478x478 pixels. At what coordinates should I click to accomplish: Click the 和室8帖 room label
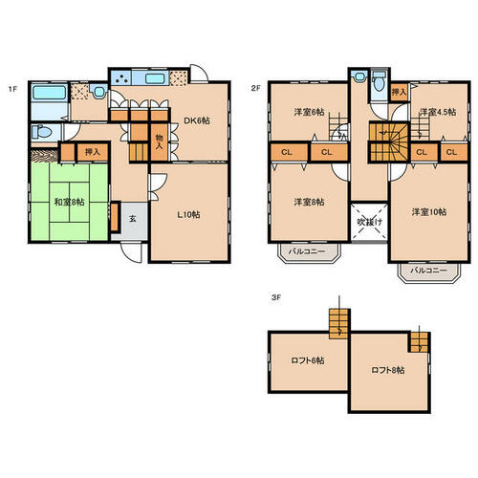pyautogui.click(x=69, y=202)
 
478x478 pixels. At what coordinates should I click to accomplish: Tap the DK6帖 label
pyautogui.click(x=197, y=120)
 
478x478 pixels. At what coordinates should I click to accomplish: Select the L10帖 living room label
pyautogui.click(x=188, y=215)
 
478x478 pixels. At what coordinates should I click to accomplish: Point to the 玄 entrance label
pyautogui.click(x=133, y=219)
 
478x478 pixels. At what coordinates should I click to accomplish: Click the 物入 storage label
pyautogui.click(x=159, y=141)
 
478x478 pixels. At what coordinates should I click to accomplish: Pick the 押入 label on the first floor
pyautogui.click(x=93, y=152)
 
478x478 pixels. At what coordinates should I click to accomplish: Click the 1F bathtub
pyautogui.click(x=50, y=93)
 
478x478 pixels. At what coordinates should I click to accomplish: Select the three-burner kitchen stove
pyautogui.click(x=121, y=77)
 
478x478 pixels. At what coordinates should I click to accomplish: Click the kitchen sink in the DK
pyautogui.click(x=155, y=78)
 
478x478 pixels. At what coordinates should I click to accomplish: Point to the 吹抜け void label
pyautogui.click(x=370, y=222)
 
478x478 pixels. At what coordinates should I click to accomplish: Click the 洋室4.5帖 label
pyautogui.click(x=438, y=112)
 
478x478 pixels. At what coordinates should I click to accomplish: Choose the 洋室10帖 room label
pyautogui.click(x=429, y=212)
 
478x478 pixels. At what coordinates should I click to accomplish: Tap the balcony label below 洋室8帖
pyautogui.click(x=307, y=251)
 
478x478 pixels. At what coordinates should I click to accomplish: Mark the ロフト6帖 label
pyautogui.click(x=308, y=360)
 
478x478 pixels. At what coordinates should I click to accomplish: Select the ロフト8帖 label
pyautogui.click(x=388, y=370)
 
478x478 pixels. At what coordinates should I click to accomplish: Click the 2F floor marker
pyautogui.click(x=255, y=88)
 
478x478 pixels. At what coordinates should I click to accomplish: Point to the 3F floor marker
pyautogui.click(x=276, y=298)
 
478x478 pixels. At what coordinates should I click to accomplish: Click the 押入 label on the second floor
pyautogui.click(x=399, y=92)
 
